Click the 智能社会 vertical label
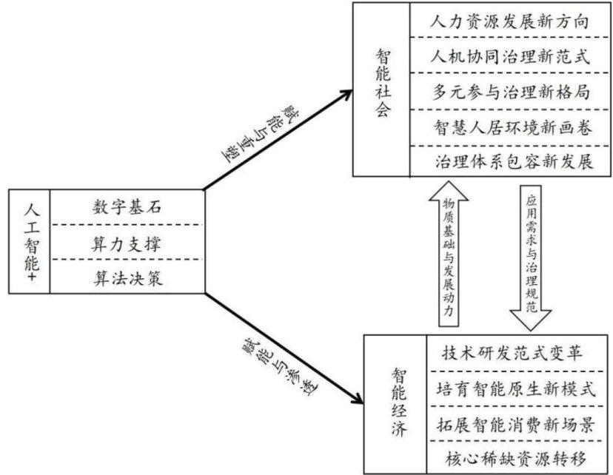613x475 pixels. pos(382,90)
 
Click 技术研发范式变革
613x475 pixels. pos(516,352)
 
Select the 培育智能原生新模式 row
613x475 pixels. pos(516,388)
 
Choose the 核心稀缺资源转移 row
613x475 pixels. pos(516,457)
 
